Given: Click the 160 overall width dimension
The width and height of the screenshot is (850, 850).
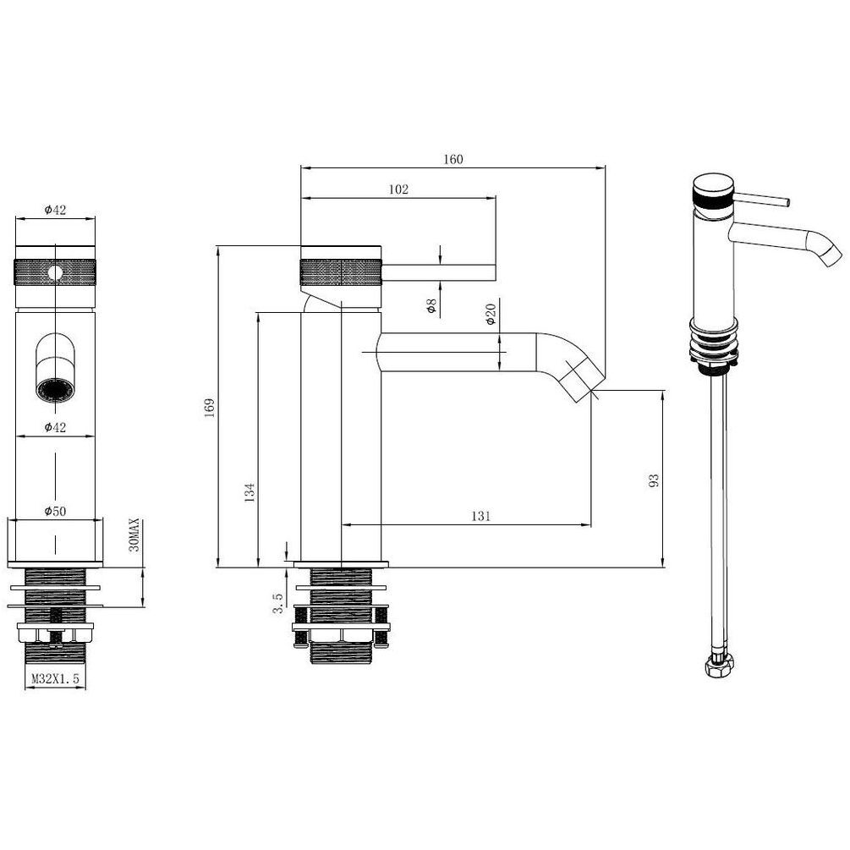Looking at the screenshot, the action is (x=453, y=159).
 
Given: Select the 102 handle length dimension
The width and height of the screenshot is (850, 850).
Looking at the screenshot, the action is (x=398, y=189).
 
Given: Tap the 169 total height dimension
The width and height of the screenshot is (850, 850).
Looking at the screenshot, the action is (x=209, y=408).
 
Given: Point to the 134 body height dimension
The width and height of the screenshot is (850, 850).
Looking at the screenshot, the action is (x=250, y=492).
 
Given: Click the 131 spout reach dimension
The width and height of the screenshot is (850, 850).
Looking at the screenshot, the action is (x=480, y=516).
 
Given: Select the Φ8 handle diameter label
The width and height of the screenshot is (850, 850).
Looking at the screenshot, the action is (x=431, y=306).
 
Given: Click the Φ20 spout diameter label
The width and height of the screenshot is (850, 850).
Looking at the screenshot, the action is (x=491, y=315).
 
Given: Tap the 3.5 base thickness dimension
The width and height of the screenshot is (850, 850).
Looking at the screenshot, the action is (x=277, y=603).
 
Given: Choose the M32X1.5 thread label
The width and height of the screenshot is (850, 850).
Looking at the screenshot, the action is (x=55, y=678).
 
